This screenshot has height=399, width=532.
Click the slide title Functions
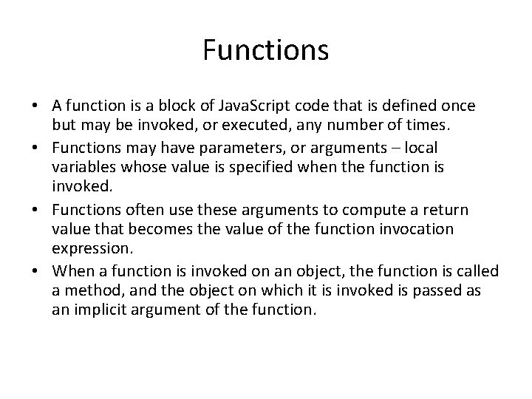265,51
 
